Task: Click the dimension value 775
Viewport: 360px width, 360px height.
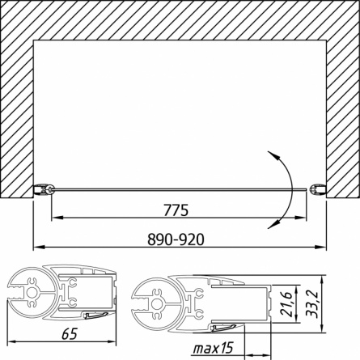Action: (176, 210)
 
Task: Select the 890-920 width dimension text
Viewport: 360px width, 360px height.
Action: (176, 239)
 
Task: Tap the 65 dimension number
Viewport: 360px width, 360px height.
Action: (70, 334)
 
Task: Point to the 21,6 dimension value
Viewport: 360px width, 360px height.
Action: (286, 304)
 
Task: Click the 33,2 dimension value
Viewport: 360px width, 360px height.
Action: (311, 303)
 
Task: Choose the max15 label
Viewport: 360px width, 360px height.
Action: (213, 348)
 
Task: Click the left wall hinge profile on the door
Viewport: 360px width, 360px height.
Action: (44, 189)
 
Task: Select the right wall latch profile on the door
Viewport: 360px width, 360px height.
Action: (319, 189)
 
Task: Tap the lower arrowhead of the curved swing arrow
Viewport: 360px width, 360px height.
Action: (273, 224)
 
